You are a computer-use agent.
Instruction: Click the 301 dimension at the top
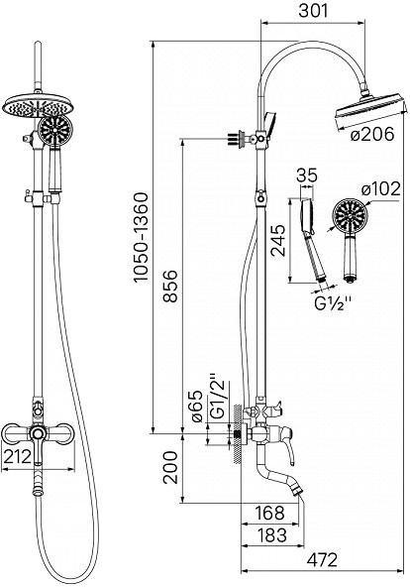(313, 11)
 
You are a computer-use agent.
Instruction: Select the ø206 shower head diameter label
(372, 134)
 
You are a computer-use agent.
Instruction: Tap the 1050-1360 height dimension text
(142, 237)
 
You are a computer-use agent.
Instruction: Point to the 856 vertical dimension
(170, 286)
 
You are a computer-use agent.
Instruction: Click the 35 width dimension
(307, 176)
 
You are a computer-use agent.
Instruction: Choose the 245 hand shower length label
(277, 240)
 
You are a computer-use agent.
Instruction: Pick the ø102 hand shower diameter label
(380, 189)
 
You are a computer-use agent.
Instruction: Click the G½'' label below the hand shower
(333, 303)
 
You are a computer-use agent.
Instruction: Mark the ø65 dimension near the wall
(197, 407)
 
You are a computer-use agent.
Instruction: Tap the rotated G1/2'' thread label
(218, 396)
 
